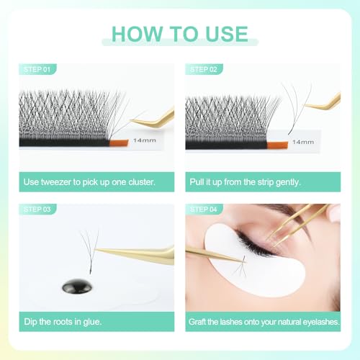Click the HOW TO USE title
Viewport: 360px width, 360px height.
click(180, 34)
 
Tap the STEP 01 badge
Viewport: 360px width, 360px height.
click(37, 70)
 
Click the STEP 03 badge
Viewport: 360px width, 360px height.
click(37, 210)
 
